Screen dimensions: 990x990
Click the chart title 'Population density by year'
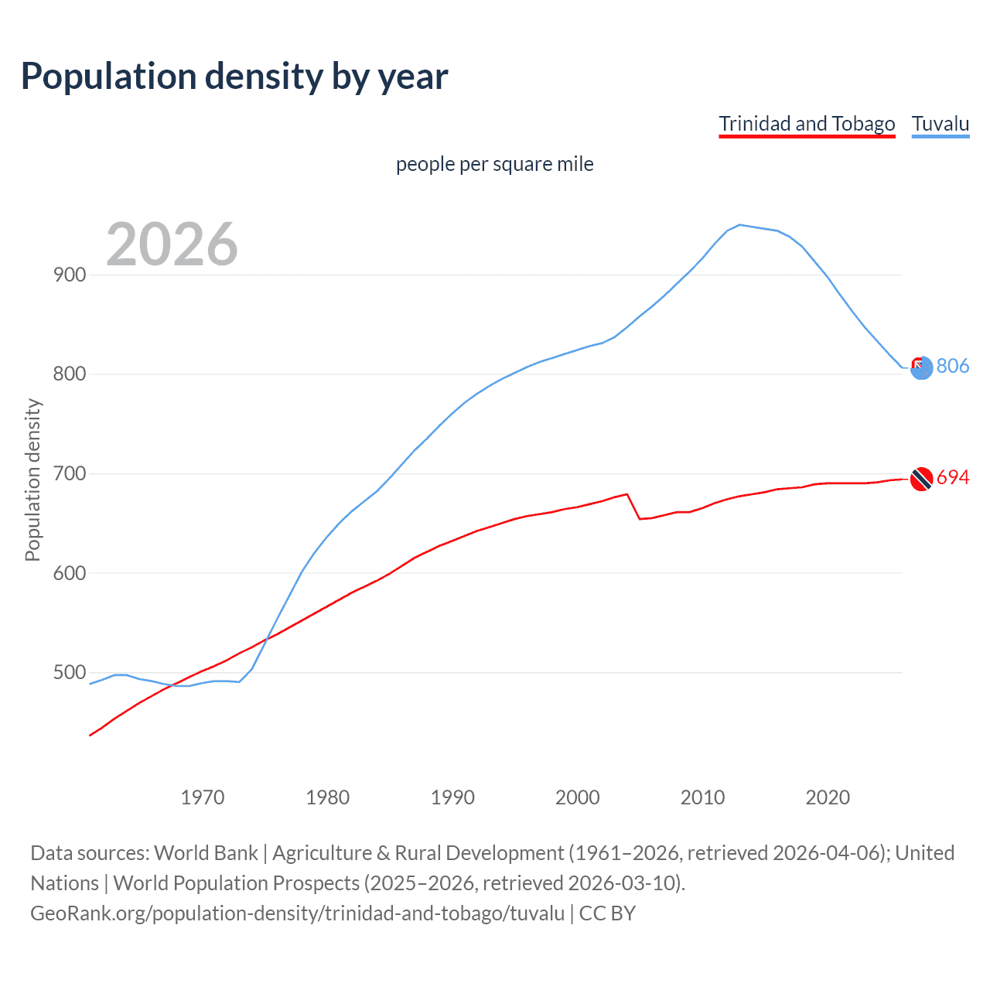click(x=234, y=77)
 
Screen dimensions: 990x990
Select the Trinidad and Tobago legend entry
click(x=807, y=124)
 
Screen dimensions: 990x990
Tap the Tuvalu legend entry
click(x=940, y=124)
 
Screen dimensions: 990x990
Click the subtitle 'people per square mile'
click(x=494, y=164)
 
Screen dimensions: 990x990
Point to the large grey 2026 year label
click(x=172, y=244)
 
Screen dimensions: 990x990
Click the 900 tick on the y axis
click(x=70, y=275)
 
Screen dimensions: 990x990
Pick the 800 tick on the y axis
click(x=70, y=374)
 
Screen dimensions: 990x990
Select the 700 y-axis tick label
click(x=70, y=473)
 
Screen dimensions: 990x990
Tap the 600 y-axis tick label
click(x=70, y=573)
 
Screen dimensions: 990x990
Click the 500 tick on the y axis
click(x=70, y=673)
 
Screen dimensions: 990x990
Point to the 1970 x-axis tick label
click(x=203, y=797)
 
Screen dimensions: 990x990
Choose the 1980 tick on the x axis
click(x=328, y=797)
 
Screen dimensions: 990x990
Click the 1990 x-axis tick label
click(x=452, y=797)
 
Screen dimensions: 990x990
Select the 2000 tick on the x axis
click(x=578, y=797)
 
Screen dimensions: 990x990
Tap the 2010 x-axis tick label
click(x=702, y=797)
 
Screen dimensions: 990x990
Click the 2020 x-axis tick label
click(x=828, y=797)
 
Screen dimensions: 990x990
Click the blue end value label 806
click(x=952, y=366)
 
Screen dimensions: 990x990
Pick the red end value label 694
click(x=952, y=478)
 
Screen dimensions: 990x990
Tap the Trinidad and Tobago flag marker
click(x=921, y=480)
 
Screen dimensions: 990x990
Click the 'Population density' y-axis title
click(x=32, y=480)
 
